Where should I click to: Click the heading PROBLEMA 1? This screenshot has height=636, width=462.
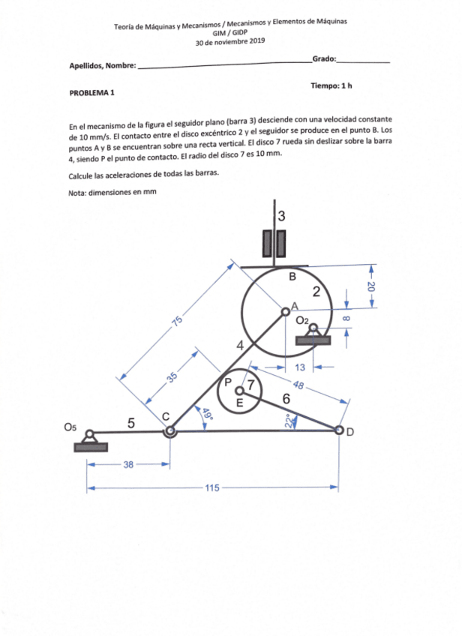pos(92,93)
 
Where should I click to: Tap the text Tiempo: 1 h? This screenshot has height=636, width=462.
pos(331,86)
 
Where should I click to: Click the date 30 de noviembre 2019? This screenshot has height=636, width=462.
pos(230,43)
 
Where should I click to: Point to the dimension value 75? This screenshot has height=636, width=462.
pos(177,321)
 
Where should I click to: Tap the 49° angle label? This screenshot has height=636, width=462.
pos(206,413)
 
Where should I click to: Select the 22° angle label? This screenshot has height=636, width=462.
pos(292,421)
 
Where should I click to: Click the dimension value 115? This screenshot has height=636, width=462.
pos(211,487)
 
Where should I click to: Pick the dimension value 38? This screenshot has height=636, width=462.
pos(128,465)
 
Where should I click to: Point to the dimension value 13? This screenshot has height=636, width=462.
pos(299,367)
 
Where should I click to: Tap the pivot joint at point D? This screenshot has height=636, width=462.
pos(339,430)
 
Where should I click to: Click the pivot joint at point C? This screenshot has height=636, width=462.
pos(170,431)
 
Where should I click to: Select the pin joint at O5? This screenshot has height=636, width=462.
pos(89,433)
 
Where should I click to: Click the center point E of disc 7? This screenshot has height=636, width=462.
pos(239,391)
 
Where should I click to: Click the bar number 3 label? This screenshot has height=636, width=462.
pos(280,216)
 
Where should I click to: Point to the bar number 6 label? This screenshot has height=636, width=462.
pos(286,398)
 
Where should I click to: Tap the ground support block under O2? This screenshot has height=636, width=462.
pos(313,340)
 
